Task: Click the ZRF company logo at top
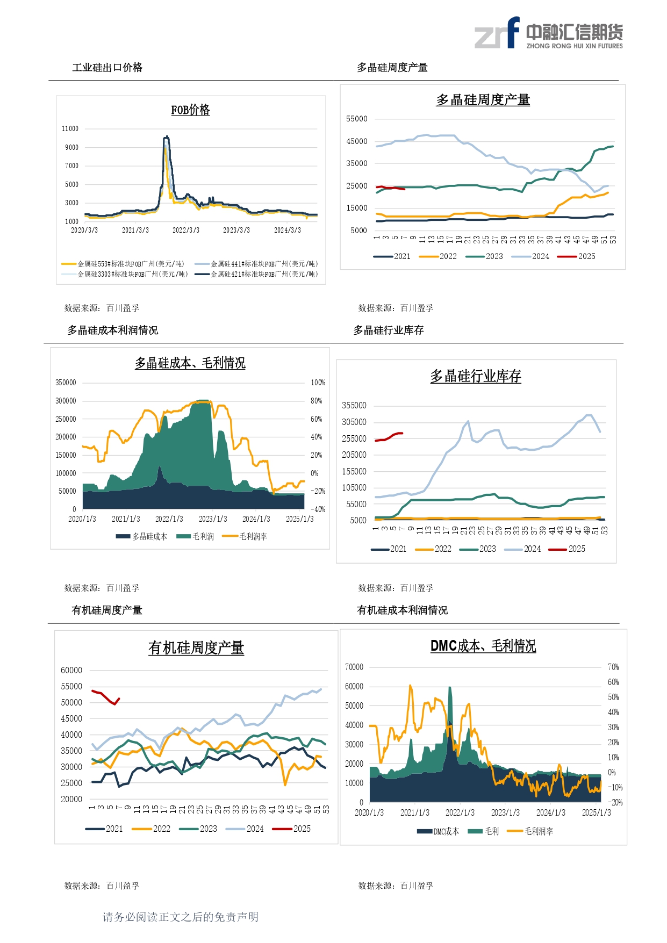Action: (548, 33)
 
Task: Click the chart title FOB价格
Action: (190, 110)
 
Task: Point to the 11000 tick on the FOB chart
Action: (70, 129)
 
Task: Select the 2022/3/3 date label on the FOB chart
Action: (185, 230)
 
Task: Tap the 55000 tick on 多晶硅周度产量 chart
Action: (357, 119)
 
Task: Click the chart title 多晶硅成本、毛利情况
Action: (190, 363)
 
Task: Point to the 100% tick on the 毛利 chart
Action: (318, 383)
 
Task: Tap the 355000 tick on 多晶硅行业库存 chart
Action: (354, 406)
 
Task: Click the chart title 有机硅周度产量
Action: (196, 648)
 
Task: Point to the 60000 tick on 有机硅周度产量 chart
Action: (71, 670)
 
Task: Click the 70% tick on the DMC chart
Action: (613, 667)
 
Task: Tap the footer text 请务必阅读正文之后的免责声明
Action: (181, 917)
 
